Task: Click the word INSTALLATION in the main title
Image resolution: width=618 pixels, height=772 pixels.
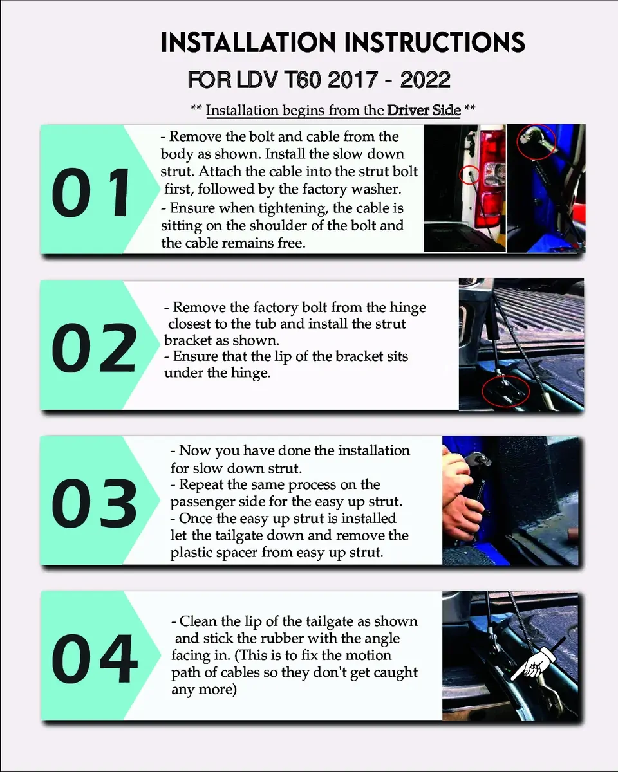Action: [x=248, y=42]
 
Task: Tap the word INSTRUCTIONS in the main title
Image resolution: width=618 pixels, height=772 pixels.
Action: [x=435, y=42]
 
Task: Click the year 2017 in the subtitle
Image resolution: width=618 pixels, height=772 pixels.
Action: [x=352, y=80]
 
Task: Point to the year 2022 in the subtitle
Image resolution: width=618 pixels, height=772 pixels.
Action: [x=425, y=80]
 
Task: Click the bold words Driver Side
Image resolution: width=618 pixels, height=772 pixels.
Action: [x=424, y=110]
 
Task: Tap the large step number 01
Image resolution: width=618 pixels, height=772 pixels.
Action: [x=91, y=192]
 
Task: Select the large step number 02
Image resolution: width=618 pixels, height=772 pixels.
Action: [x=95, y=347]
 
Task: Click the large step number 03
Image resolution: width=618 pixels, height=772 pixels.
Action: [x=95, y=503]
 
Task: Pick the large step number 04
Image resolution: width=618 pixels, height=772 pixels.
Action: [x=95, y=658]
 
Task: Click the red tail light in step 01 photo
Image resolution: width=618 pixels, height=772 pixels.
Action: [x=490, y=179]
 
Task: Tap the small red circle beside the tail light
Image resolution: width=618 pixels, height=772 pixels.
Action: [x=469, y=175]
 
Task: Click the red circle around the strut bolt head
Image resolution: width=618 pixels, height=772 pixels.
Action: [x=536, y=142]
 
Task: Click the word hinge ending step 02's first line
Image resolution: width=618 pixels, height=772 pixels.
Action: [x=408, y=308]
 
